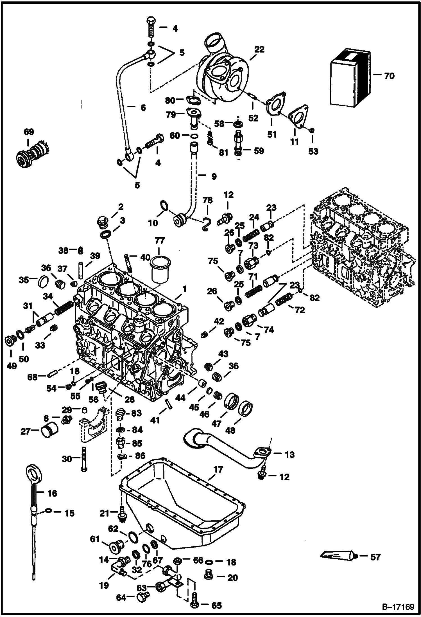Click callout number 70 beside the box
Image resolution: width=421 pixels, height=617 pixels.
(x=389, y=76)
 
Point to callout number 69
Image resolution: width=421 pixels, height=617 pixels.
(x=29, y=132)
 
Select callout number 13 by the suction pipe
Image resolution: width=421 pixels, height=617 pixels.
(x=289, y=454)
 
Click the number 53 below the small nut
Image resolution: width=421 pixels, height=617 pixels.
(x=313, y=151)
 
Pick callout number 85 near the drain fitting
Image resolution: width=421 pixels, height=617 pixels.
(x=137, y=443)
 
